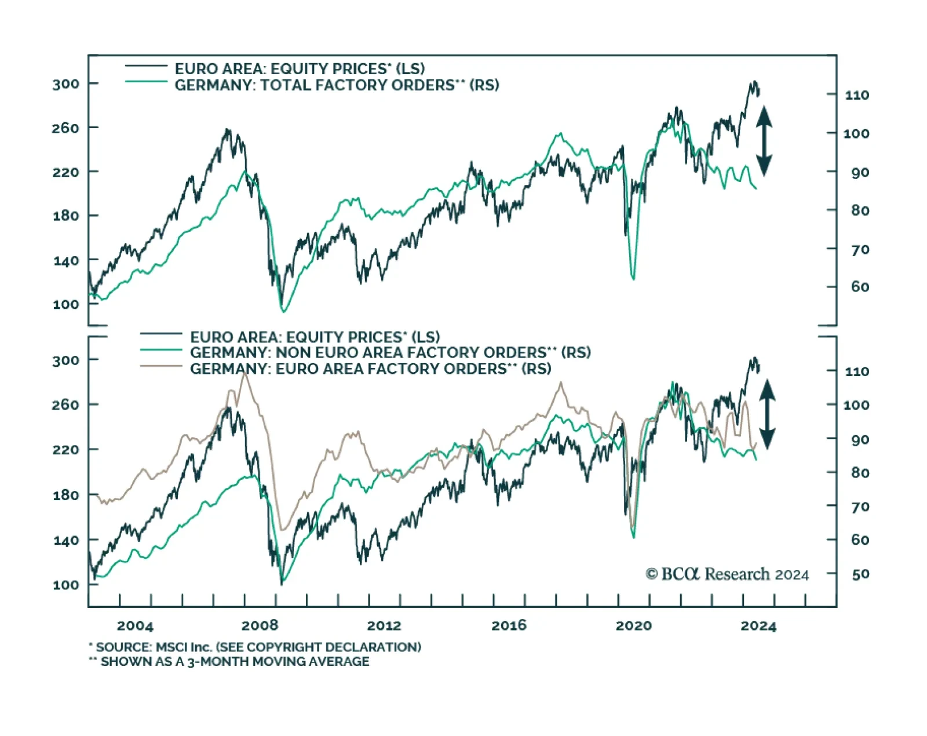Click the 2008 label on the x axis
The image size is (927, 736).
point(260,626)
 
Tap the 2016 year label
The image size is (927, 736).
point(509,626)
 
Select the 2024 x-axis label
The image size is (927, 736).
point(758,626)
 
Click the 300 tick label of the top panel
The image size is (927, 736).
point(65,85)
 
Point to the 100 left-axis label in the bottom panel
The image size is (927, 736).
point(65,585)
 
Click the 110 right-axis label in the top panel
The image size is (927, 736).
point(857,95)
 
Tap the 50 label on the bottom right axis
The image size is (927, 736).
point(860,574)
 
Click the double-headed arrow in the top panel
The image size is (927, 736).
point(764,141)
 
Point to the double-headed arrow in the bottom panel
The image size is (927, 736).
point(767,414)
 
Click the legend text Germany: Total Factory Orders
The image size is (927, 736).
point(337,86)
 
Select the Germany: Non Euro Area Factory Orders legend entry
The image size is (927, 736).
point(390,352)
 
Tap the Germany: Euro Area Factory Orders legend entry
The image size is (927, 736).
point(370,369)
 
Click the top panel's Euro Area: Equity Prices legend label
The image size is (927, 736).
point(300,69)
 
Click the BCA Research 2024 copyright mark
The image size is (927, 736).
point(727,574)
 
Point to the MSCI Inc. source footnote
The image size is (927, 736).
point(255,647)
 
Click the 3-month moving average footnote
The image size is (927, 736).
point(229,662)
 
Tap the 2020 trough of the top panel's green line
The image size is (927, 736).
point(633,279)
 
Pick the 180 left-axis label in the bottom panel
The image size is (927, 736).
point(65,495)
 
